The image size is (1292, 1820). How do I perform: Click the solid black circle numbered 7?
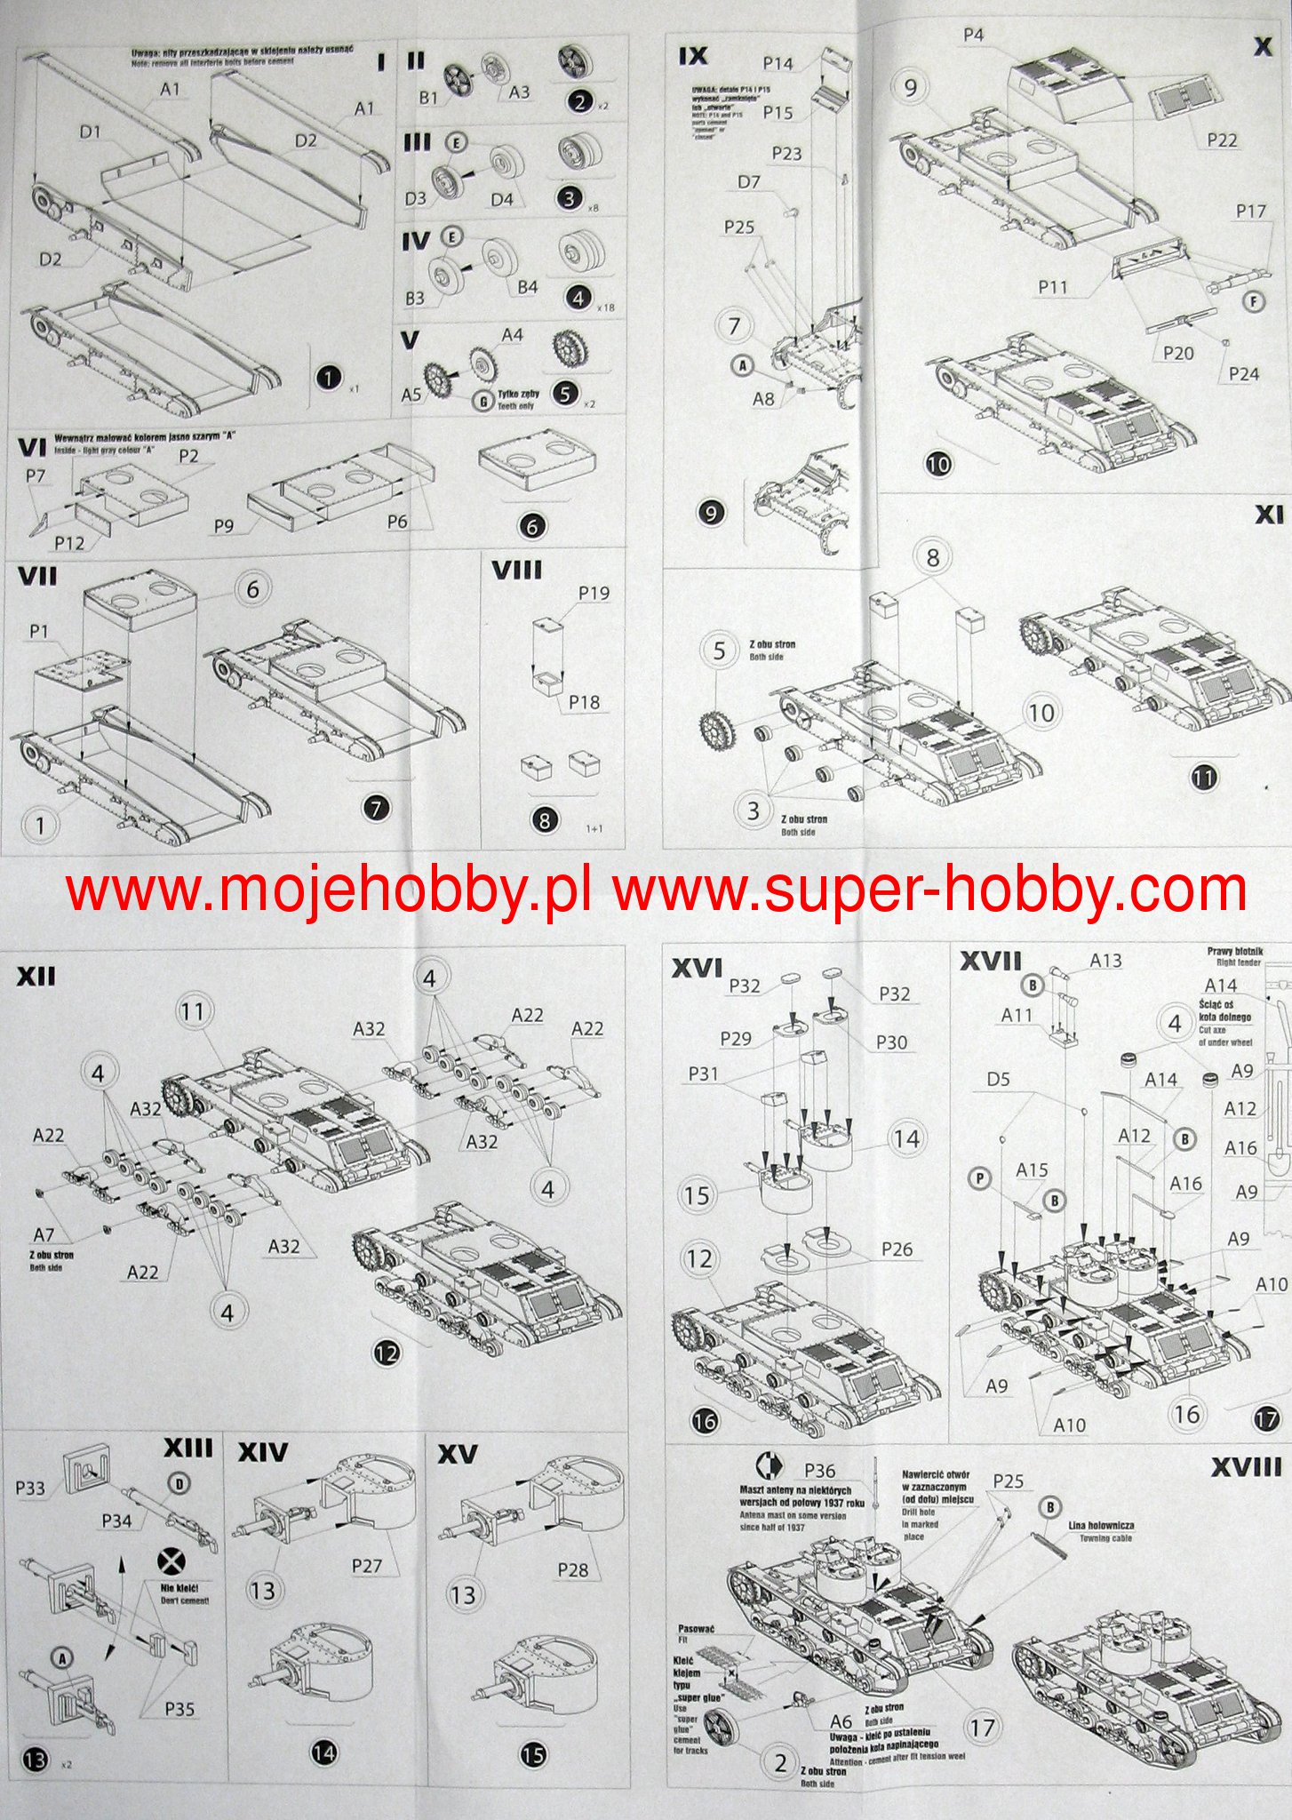click(x=377, y=808)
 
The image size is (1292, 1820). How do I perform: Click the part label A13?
click(x=1105, y=960)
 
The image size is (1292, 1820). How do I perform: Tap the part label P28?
click(x=572, y=1569)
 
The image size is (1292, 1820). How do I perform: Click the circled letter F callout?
click(x=1253, y=302)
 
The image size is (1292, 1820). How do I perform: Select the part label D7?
click(x=749, y=182)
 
